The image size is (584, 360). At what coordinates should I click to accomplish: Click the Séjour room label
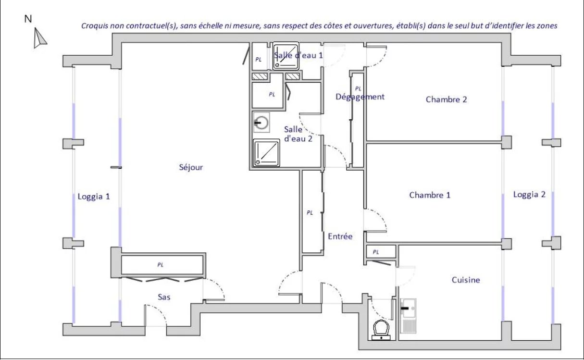191,167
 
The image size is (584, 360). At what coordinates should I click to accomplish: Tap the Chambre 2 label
446,99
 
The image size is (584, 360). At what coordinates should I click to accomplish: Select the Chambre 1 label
430,195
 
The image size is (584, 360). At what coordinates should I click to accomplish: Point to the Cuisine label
466,280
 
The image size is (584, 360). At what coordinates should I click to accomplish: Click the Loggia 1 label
94,197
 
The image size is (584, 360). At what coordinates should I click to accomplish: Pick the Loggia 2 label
529,195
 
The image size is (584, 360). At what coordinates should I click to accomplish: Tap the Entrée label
340,236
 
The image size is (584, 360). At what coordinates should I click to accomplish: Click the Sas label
164,297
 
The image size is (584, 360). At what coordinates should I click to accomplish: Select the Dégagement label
360,97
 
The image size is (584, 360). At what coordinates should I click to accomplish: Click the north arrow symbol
39,38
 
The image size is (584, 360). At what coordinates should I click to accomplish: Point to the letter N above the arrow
28,19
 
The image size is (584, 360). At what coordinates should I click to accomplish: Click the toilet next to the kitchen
381,330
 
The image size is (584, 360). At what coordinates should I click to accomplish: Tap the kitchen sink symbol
408,316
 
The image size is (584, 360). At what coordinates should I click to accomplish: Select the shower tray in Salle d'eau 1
286,56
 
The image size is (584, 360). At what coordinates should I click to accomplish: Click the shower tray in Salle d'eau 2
266,153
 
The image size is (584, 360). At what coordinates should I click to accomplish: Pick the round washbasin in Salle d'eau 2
261,123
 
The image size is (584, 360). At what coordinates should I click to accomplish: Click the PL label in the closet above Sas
161,265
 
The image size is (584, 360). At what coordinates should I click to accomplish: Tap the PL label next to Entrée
310,213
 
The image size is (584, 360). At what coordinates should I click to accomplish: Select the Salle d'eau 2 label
298,134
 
